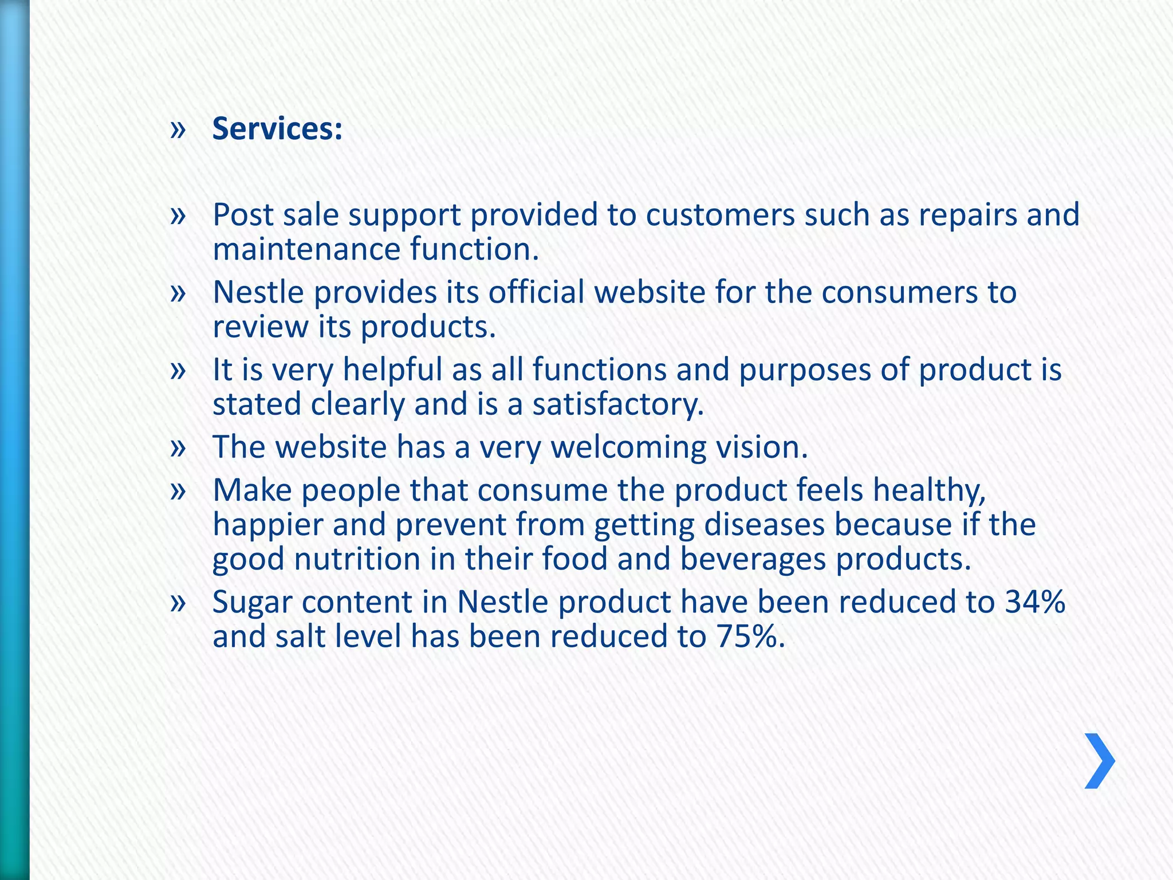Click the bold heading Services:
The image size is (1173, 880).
coord(277,129)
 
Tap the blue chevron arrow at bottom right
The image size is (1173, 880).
coord(1099,761)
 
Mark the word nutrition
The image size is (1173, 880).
coord(357,559)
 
